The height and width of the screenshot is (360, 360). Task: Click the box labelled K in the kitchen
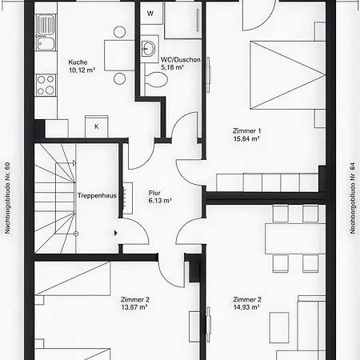(96, 126)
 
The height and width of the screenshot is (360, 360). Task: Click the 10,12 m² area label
(82, 70)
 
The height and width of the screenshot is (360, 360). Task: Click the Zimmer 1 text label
(247, 130)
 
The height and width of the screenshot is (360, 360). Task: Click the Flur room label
(155, 193)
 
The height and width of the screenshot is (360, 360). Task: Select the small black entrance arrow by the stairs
(117, 233)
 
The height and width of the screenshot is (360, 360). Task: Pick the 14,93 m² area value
(248, 306)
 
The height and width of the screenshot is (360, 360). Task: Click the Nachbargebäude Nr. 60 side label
(7, 197)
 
